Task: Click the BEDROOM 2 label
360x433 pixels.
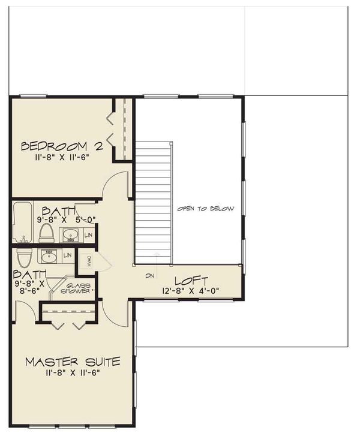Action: [62, 146]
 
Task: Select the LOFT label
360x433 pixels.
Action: [191, 280]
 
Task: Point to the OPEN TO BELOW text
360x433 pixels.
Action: [205, 209]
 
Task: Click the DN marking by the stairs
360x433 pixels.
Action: [150, 276]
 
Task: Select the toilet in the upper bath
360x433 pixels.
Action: [47, 231]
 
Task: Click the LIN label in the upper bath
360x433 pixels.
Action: [89, 234]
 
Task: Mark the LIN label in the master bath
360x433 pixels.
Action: [68, 255]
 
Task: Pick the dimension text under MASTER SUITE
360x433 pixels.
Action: [73, 372]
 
